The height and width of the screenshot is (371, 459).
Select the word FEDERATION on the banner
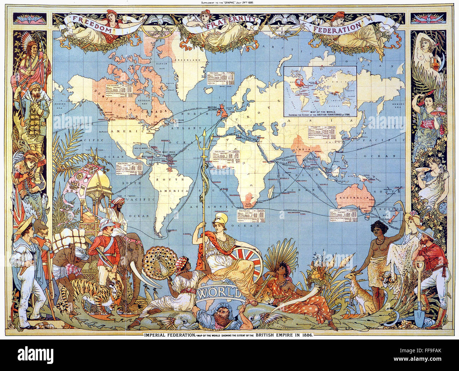click(x=338, y=26)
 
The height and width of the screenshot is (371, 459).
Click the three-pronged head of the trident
click(x=204, y=144)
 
